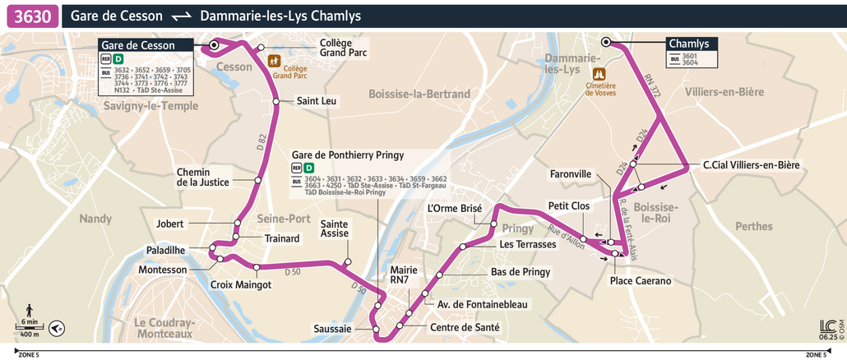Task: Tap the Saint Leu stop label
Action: (x=317, y=101)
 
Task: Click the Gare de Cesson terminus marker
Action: (x=215, y=45)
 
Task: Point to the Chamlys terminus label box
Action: (x=688, y=44)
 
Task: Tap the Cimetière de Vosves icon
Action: (x=600, y=72)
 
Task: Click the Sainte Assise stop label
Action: (x=333, y=228)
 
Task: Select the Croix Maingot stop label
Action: (x=241, y=284)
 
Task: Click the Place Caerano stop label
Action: (x=641, y=281)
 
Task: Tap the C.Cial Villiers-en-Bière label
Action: (x=751, y=166)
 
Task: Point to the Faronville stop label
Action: (x=571, y=174)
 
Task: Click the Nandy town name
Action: (x=95, y=219)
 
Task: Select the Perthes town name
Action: (x=755, y=226)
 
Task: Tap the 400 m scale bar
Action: (x=30, y=330)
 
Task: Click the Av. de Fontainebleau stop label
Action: (x=482, y=305)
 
